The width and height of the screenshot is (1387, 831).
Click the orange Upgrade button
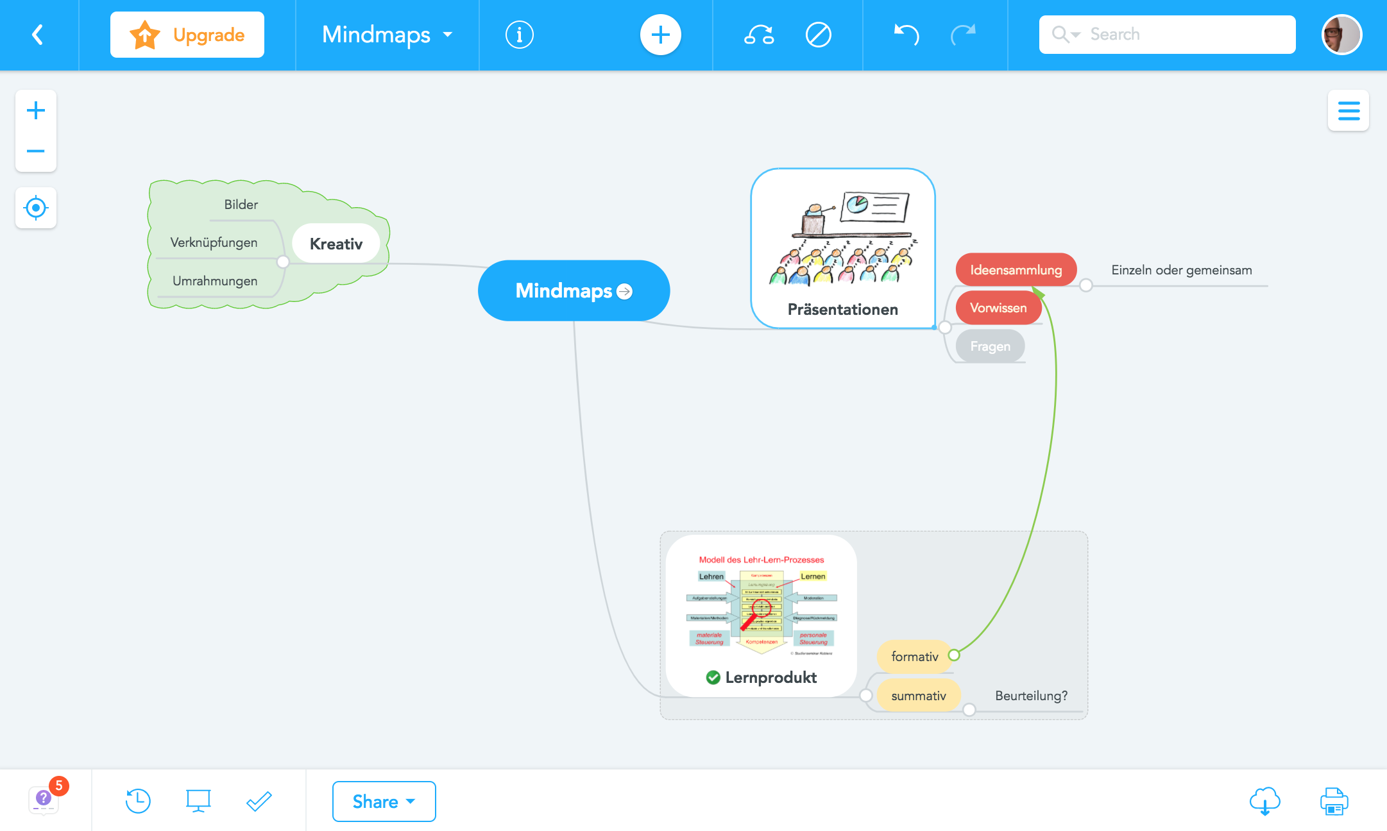pyautogui.click(x=187, y=35)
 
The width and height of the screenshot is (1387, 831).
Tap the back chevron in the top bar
pyautogui.click(x=38, y=35)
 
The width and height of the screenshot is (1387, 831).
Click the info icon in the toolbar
pyautogui.click(x=519, y=35)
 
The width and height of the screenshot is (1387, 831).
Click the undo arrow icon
pyautogui.click(x=906, y=35)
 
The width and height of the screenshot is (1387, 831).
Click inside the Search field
pyautogui.click(x=1180, y=35)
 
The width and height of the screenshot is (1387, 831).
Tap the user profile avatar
pyautogui.click(x=1341, y=35)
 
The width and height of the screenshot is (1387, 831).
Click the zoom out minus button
pyautogui.click(x=36, y=151)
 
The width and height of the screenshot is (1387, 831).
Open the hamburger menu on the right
pyautogui.click(x=1349, y=110)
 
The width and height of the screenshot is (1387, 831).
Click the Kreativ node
pyautogui.click(x=336, y=244)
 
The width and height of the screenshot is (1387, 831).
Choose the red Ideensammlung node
pyautogui.click(x=1016, y=270)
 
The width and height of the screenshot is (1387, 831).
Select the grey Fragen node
pyautogui.click(x=990, y=346)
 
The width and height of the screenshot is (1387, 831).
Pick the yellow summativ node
pyautogui.click(x=918, y=696)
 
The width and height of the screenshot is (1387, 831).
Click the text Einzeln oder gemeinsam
pyautogui.click(x=1181, y=270)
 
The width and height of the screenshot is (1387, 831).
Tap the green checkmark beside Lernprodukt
pyautogui.click(x=713, y=677)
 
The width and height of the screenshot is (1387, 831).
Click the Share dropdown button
pyautogui.click(x=384, y=802)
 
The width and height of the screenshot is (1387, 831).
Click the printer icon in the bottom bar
pyautogui.click(x=1334, y=802)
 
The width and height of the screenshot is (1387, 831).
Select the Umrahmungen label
pyautogui.click(x=215, y=281)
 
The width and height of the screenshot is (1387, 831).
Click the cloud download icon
pyautogui.click(x=1264, y=802)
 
